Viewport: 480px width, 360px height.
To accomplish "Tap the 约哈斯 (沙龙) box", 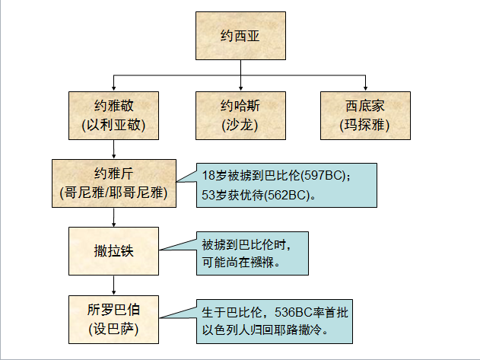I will (241, 113).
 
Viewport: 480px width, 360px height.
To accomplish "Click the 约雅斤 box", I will (113, 183).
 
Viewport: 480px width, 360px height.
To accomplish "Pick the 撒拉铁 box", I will (113, 250).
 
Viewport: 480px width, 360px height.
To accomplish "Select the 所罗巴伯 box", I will (113, 317).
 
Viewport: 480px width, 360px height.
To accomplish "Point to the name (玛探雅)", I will (365, 123).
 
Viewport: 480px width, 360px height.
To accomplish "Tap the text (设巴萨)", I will (113, 328).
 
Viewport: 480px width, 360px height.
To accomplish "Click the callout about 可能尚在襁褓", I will (251, 252).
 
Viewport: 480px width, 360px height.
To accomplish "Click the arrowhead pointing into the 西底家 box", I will (365, 88).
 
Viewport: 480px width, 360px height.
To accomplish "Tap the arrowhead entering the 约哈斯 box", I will (241, 88).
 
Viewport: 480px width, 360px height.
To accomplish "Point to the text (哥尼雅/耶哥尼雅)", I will (113, 193).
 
